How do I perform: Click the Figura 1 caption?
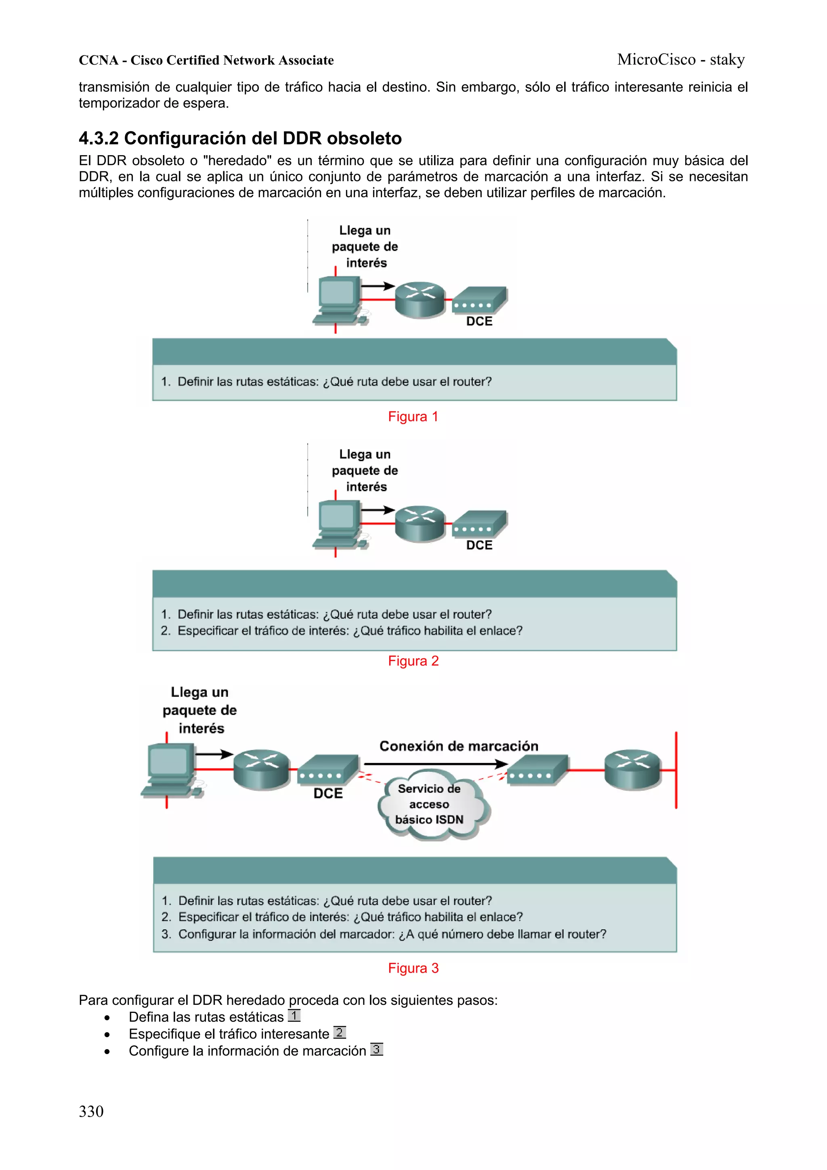tap(413, 416)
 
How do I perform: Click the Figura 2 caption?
tap(413, 661)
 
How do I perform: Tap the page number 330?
tap(91, 1111)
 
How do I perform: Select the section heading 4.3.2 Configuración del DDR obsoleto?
tap(240, 138)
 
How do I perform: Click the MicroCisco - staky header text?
tap(680, 60)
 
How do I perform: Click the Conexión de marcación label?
tap(459, 746)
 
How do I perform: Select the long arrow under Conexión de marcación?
tap(436, 764)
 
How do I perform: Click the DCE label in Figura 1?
tap(479, 321)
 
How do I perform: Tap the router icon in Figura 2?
tap(420, 523)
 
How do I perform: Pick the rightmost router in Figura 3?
tap(632, 769)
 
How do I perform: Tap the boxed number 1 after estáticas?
tap(294, 1016)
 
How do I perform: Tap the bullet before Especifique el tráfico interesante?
tap(107, 1035)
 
